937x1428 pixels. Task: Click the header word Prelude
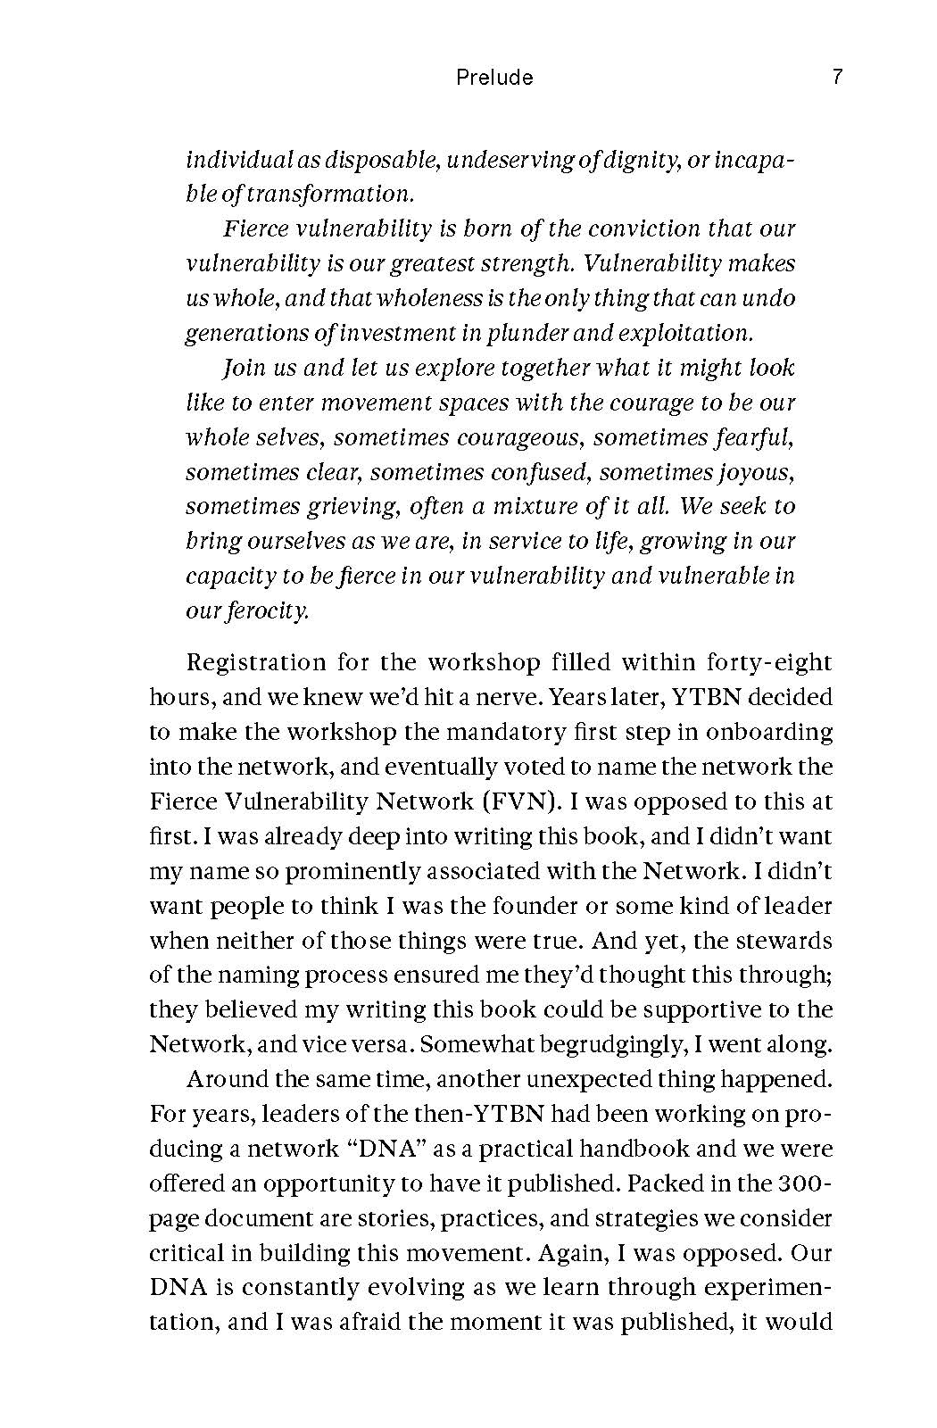pyautogui.click(x=494, y=78)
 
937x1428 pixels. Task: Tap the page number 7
pyautogui.click(x=836, y=78)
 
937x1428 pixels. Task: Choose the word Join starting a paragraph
pyautogui.click(x=242, y=368)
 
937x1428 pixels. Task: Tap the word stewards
pyautogui.click(x=784, y=941)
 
